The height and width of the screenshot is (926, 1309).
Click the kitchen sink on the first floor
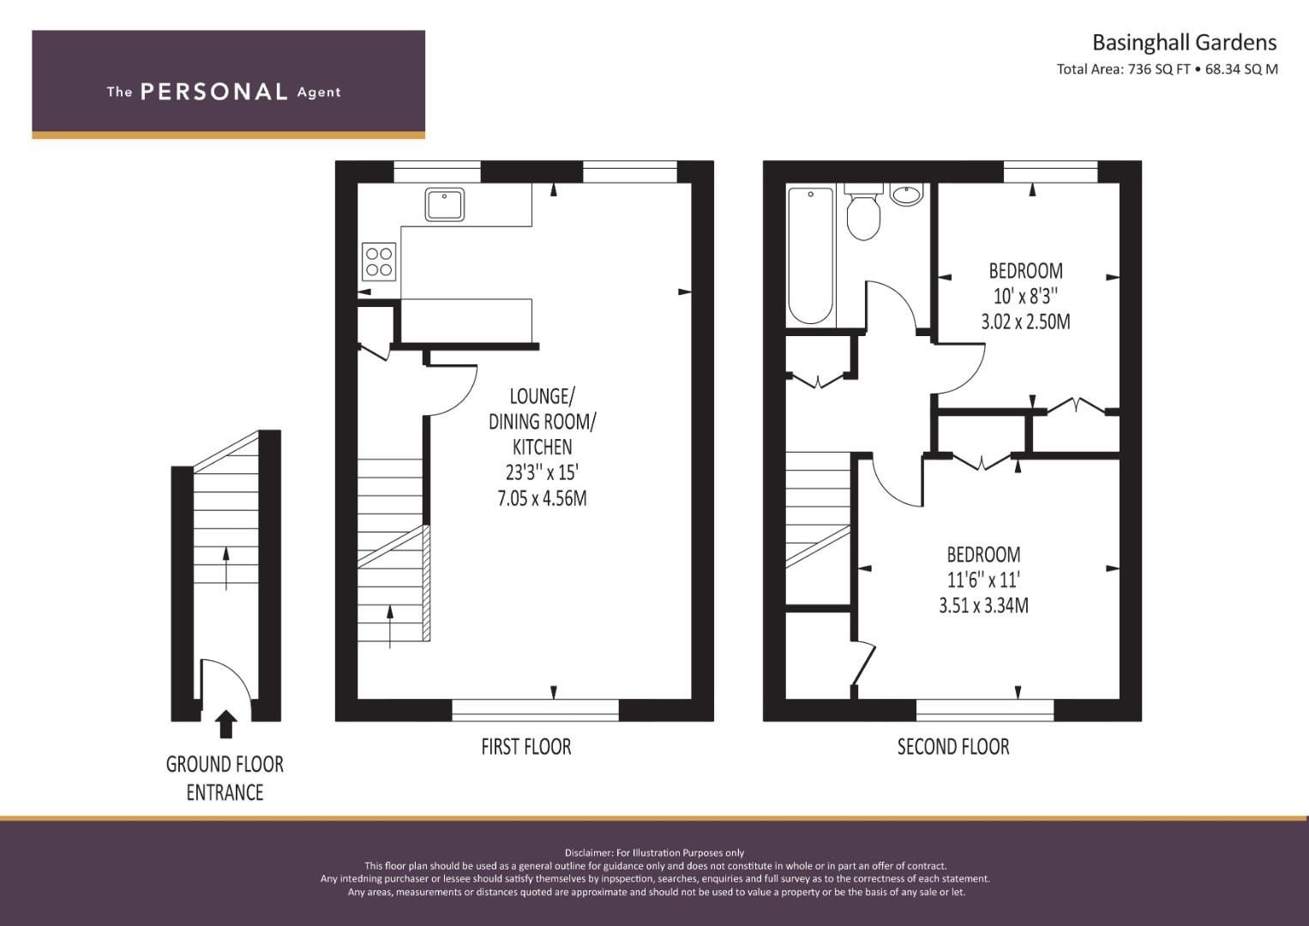(444, 205)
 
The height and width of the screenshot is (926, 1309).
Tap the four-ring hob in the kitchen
(379, 262)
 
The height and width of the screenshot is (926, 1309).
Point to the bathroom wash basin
(906, 195)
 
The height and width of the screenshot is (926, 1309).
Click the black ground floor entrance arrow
(225, 724)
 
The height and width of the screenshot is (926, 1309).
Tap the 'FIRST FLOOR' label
(525, 747)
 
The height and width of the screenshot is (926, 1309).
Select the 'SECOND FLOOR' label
(952, 747)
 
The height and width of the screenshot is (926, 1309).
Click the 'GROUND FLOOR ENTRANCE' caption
(225, 778)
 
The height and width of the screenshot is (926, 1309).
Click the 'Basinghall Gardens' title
(1183, 42)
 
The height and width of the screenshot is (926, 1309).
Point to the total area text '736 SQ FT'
(1157, 69)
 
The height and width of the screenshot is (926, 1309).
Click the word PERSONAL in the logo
(213, 92)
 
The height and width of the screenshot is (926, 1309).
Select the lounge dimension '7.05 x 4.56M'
(542, 498)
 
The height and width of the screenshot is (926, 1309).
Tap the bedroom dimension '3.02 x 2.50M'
(1025, 322)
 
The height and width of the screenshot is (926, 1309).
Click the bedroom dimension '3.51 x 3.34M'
(983, 605)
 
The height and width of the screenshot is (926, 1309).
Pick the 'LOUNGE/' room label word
(543, 396)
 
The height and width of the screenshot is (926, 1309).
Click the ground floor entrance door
(225, 677)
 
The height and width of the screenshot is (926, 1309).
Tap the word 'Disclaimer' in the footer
(589, 852)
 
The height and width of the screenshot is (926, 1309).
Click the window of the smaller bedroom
(1050, 172)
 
